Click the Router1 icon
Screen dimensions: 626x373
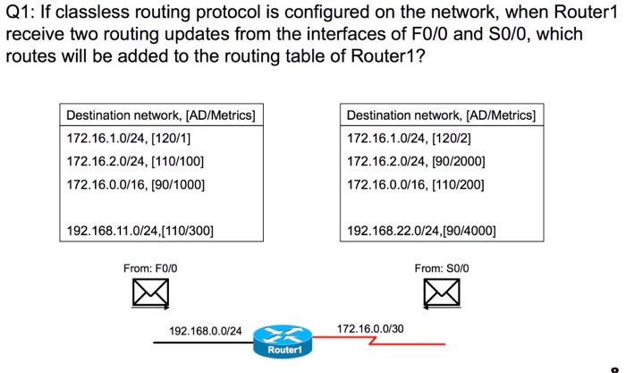point(283,341)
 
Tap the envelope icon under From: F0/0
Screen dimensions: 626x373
point(150,293)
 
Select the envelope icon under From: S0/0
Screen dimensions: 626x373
point(442,293)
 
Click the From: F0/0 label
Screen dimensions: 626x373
point(150,268)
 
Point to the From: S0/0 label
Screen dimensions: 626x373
point(442,268)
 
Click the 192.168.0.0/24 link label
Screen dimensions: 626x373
point(205,331)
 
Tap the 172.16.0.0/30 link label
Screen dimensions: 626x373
point(370,328)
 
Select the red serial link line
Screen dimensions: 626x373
point(378,341)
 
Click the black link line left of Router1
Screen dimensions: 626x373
point(203,343)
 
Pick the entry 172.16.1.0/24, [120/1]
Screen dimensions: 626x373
point(129,138)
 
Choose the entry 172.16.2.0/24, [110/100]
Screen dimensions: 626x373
point(135,161)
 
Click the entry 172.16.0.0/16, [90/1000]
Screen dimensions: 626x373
point(135,184)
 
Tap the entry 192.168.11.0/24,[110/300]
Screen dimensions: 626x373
point(140,231)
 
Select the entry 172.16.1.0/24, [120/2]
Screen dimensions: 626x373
point(409,138)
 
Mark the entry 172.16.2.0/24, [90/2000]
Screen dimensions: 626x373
point(416,161)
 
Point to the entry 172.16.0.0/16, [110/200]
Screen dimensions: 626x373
point(415,184)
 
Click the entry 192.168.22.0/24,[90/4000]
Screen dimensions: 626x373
point(421,231)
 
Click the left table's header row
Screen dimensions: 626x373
point(161,115)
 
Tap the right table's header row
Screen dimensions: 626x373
point(442,115)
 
